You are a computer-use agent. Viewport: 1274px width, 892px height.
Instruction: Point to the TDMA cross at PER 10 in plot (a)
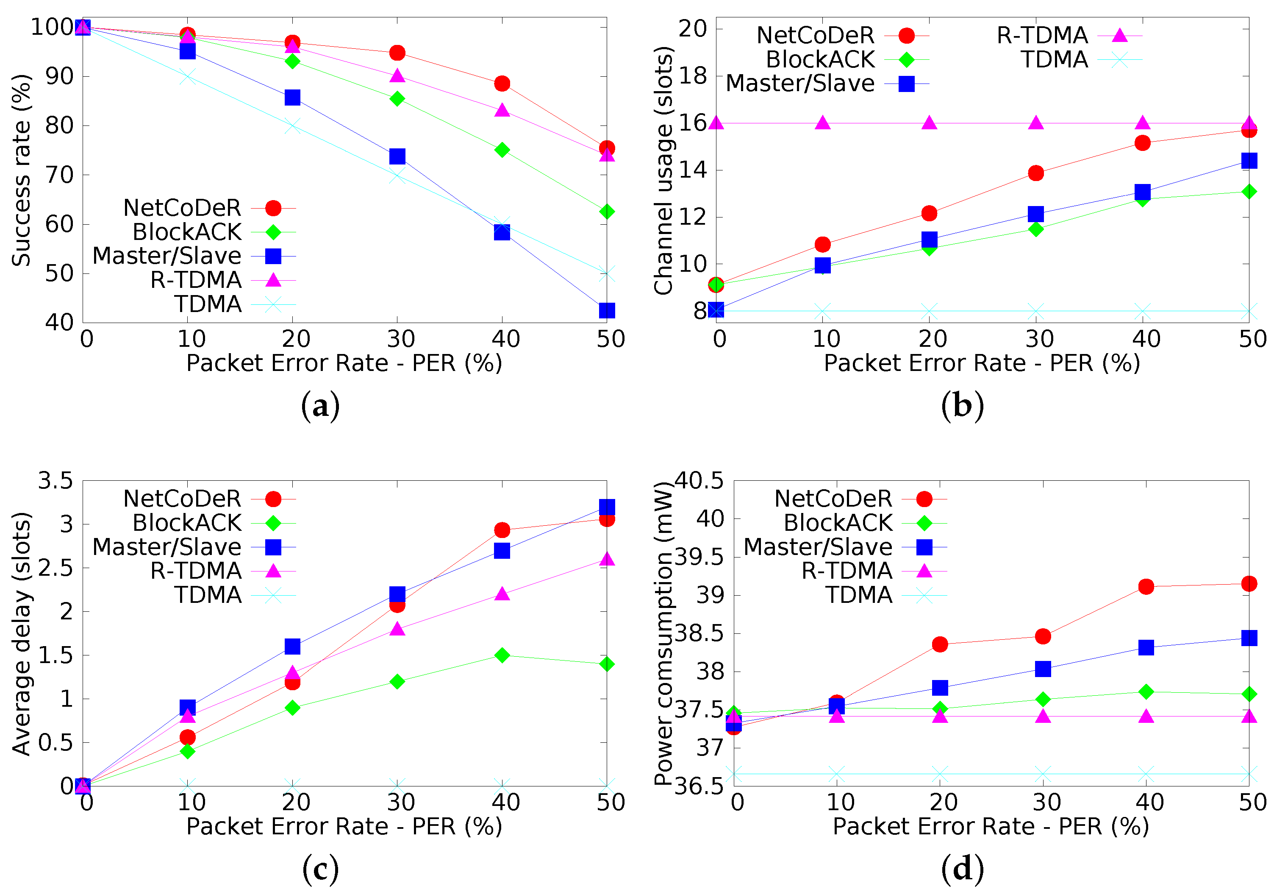(188, 77)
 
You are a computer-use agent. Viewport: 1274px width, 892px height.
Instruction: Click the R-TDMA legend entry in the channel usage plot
(1042, 36)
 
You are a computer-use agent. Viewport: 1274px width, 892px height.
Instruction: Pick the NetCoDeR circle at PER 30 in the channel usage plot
(1035, 173)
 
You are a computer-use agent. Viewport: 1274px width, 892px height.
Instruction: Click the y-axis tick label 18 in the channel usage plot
(692, 76)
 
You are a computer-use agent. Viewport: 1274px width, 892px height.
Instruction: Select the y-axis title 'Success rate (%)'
(21, 170)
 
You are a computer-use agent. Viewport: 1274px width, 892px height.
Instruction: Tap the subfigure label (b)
(962, 406)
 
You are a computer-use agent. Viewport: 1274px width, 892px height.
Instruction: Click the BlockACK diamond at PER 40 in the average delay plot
(502, 655)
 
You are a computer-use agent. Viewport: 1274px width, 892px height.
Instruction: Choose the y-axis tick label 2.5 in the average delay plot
(56, 568)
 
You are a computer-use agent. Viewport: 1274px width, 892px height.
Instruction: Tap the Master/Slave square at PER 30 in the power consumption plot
(1043, 669)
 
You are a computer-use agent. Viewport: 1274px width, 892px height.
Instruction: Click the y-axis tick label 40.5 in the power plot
(699, 481)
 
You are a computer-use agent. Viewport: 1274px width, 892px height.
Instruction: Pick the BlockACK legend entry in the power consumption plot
(838, 523)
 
